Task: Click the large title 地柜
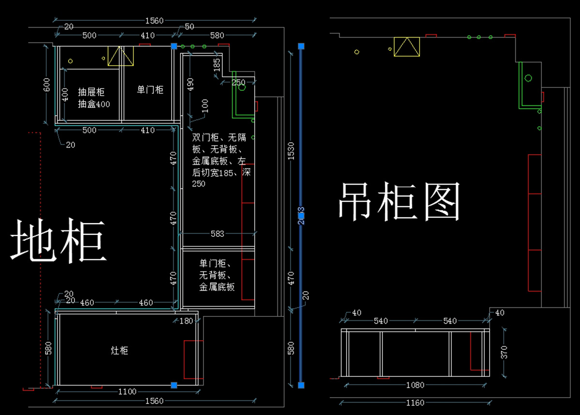(x=58, y=241)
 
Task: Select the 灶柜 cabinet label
(x=119, y=350)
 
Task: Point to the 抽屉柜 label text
(x=91, y=92)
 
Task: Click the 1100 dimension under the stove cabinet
(x=128, y=391)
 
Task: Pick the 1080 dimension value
(x=415, y=385)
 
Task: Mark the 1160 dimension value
(x=415, y=402)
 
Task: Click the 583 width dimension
(x=217, y=234)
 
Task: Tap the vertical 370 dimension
(x=504, y=352)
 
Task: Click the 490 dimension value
(x=190, y=85)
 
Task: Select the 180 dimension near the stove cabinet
(x=186, y=321)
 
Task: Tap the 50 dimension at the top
(x=189, y=27)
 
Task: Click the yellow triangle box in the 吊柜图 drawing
(x=406, y=47)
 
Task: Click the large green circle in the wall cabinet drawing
(x=528, y=78)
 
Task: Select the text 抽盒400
(x=94, y=104)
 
